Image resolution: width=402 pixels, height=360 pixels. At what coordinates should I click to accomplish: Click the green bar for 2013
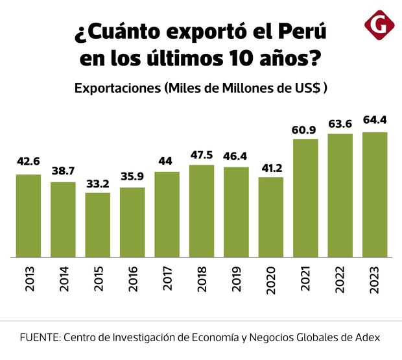pyautogui.click(x=29, y=215)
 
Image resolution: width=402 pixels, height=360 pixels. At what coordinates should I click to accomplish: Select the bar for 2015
pyautogui.click(x=97, y=224)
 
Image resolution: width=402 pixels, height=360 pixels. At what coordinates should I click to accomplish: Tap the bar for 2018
pyautogui.click(x=202, y=211)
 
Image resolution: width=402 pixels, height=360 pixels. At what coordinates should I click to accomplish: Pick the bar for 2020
pyautogui.click(x=270, y=217)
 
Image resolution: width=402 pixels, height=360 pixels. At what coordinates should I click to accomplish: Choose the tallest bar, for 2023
pyautogui.click(x=375, y=195)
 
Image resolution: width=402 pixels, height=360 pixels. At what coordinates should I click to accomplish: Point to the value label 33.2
pyautogui.click(x=97, y=184)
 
